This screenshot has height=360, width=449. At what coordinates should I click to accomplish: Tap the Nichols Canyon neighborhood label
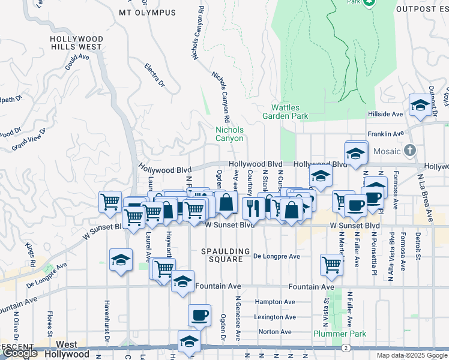click(230, 134)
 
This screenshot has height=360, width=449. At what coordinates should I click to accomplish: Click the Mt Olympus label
click(148, 13)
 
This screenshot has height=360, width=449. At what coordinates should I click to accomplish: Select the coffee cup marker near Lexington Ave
click(199, 314)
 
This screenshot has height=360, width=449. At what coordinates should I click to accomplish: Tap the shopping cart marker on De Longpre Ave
click(331, 264)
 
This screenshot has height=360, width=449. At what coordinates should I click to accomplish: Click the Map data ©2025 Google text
click(412, 355)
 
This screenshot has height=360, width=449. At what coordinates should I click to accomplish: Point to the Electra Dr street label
click(154, 76)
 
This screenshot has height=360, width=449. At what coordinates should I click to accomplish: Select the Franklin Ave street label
click(385, 134)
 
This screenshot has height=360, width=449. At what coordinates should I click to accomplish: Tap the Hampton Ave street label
click(275, 302)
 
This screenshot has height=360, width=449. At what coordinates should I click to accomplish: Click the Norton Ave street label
click(275, 332)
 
